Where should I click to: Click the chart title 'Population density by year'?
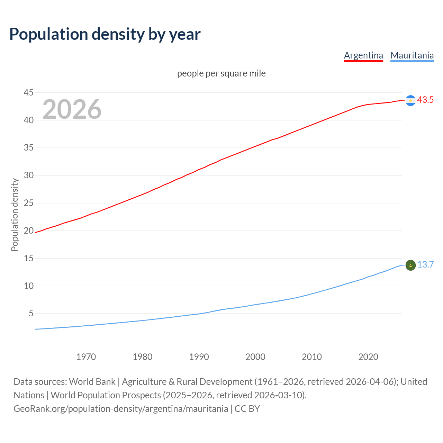[105, 34]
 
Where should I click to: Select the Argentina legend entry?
[363, 55]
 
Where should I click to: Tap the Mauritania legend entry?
[412, 55]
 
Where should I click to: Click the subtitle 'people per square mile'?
[221, 74]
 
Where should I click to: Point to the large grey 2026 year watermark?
[72, 109]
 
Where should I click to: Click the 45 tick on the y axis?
[28, 92]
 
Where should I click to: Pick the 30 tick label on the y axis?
[28, 175]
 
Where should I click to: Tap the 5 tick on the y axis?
[31, 313]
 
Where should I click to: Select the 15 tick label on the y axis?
[28, 258]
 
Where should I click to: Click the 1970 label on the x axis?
[86, 357]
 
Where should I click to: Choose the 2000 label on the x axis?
[255, 357]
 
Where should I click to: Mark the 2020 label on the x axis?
[368, 357]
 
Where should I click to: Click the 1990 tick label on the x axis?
[199, 357]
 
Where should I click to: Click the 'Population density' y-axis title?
[15, 215]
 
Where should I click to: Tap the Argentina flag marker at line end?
[410, 100]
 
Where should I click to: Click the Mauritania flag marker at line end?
[410, 265]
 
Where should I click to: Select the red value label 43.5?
[425, 100]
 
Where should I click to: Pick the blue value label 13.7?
[425, 265]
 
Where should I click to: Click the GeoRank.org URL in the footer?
[121, 409]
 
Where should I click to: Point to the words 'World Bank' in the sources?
[92, 382]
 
